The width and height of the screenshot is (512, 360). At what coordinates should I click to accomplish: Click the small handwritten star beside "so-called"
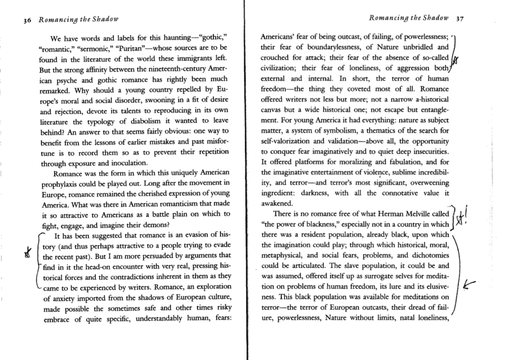point(455,61)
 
